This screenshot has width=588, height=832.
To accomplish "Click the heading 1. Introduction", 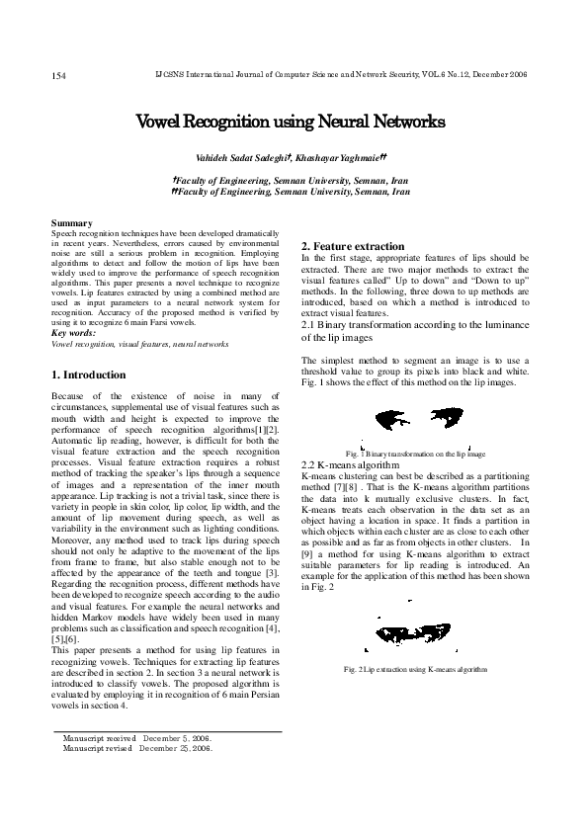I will (88, 375).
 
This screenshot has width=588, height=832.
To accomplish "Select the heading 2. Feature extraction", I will (353, 246).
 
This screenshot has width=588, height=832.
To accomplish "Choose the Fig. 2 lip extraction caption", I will (416, 670).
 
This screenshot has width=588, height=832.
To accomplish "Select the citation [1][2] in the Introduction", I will (265, 428).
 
